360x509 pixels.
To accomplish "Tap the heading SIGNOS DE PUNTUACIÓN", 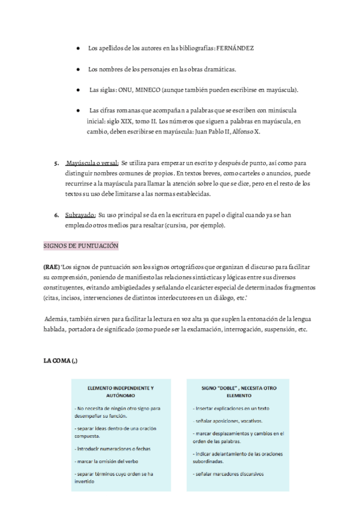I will [x=81, y=246].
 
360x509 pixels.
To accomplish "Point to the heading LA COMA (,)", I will [x=61, y=361].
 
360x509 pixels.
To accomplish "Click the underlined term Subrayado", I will [x=80, y=214].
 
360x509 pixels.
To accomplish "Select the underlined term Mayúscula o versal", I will [x=92, y=163].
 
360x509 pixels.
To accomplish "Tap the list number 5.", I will [x=56, y=163].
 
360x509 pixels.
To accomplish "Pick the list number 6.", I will [x=56, y=214].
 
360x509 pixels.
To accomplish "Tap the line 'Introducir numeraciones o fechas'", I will [x=112, y=448].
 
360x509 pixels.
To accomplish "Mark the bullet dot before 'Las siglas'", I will [x=79, y=90].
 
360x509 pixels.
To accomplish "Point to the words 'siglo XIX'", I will [x=116, y=121].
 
